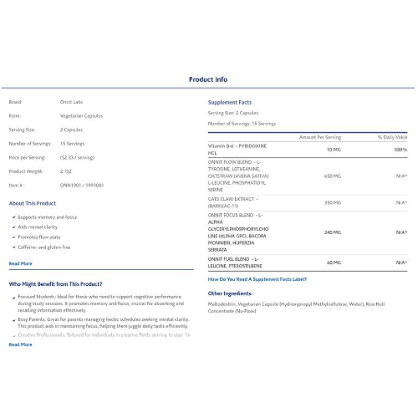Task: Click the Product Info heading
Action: [x=208, y=79]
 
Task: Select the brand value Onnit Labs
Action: [x=72, y=102]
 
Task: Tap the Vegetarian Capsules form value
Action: [x=82, y=116]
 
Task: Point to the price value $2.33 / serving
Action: [x=77, y=157]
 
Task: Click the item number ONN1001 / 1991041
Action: [x=82, y=185]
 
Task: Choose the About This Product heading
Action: [x=32, y=203]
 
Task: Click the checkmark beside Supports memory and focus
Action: [x=14, y=217]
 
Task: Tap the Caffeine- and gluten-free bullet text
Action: [x=44, y=247]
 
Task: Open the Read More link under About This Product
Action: [x=20, y=263]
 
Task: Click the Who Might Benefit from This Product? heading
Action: [x=55, y=284]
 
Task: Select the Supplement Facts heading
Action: [x=229, y=102]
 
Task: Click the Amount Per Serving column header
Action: [x=320, y=137]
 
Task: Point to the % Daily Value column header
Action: [x=392, y=137]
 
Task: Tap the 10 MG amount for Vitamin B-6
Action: [x=334, y=149]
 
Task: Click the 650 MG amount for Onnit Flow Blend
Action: [x=332, y=176]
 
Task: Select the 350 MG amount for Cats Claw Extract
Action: [x=332, y=202]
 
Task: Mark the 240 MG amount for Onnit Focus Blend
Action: [x=332, y=232]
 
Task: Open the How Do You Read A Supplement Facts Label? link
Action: [x=257, y=279]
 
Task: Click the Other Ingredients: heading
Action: [x=230, y=294]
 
